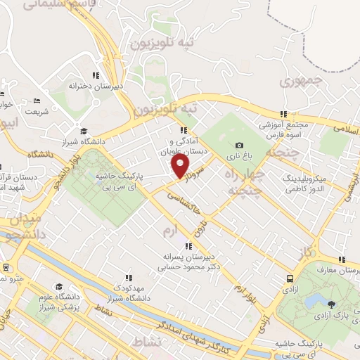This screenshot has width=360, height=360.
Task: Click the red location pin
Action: pyautogui.click(x=181, y=166)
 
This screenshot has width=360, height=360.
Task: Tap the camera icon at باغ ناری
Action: pyautogui.click(x=240, y=145)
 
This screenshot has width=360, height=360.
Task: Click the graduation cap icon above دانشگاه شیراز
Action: pyautogui.click(x=84, y=131)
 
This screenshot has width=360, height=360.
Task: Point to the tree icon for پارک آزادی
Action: pyautogui.click(x=330, y=304)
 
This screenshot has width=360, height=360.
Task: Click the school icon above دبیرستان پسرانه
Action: pyautogui.click(x=188, y=246)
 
